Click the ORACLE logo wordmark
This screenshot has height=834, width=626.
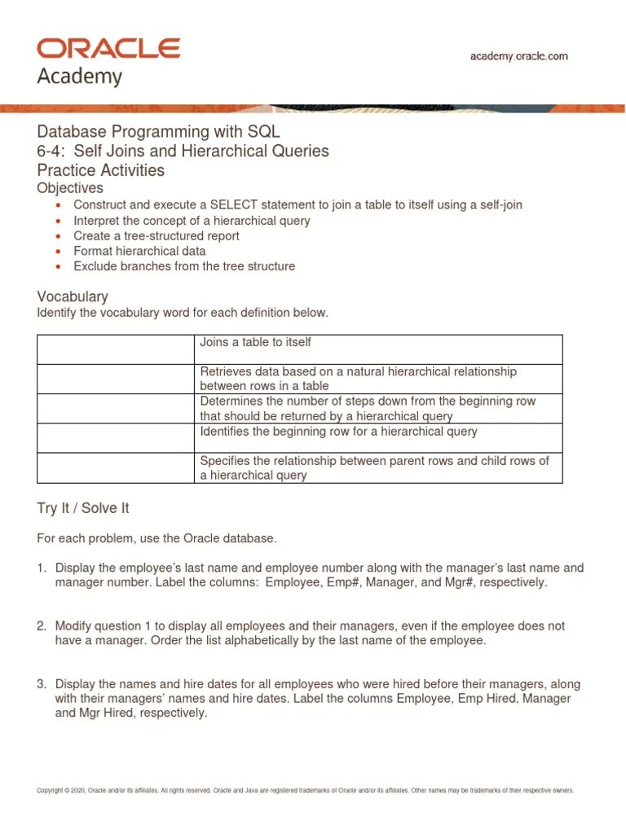108,49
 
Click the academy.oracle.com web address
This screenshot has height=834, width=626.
519,56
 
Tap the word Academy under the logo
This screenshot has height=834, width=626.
80,77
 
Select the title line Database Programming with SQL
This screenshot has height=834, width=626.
159,132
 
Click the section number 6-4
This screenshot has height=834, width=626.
52,151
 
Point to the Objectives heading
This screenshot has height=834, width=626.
70,188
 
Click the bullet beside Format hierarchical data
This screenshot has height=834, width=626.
58,252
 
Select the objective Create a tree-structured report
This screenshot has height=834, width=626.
156,235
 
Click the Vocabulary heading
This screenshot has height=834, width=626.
73,296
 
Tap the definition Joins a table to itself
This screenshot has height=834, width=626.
255,343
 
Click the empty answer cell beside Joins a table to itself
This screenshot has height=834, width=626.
116,349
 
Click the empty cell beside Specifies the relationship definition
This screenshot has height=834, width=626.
116,467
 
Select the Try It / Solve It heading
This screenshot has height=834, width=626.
83,508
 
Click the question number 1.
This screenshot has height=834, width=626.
42,568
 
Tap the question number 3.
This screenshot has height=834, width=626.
42,685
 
